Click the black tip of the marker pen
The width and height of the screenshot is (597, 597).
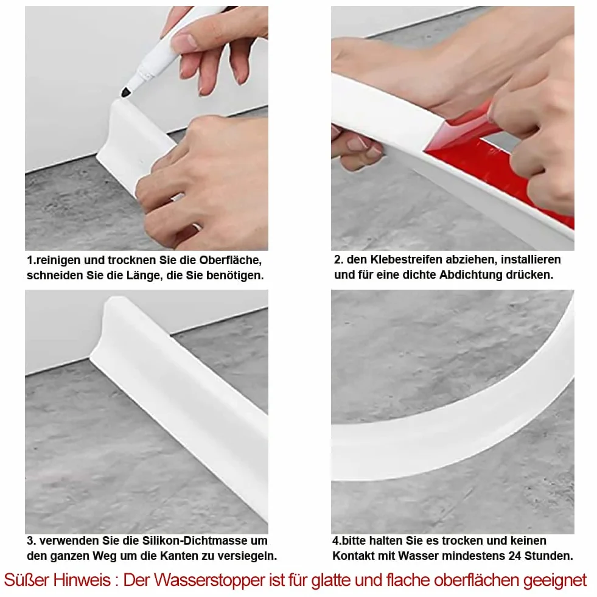125,92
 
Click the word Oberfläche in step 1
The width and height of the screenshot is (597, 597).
231,260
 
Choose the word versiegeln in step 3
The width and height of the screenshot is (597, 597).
249,556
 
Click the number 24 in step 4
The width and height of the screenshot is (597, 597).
514,556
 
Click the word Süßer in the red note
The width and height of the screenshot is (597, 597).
27,580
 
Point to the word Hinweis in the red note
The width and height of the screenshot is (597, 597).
82,580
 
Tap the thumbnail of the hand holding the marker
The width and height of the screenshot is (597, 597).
147,128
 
